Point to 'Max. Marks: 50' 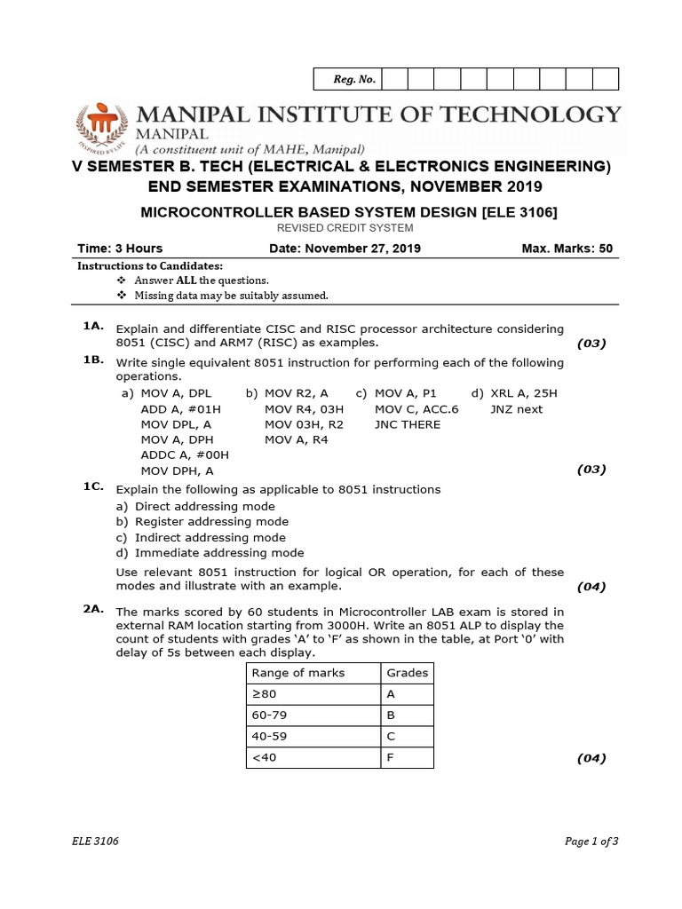[x=567, y=248]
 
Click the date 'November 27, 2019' [x=364, y=248]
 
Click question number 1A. [x=94, y=327]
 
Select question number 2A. [x=94, y=609]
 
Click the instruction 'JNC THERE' [x=408, y=424]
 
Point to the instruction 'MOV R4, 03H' [x=304, y=408]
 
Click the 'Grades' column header [x=408, y=672]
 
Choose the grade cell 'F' [x=391, y=757]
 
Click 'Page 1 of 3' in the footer [x=591, y=842]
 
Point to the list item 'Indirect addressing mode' [x=210, y=537]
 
